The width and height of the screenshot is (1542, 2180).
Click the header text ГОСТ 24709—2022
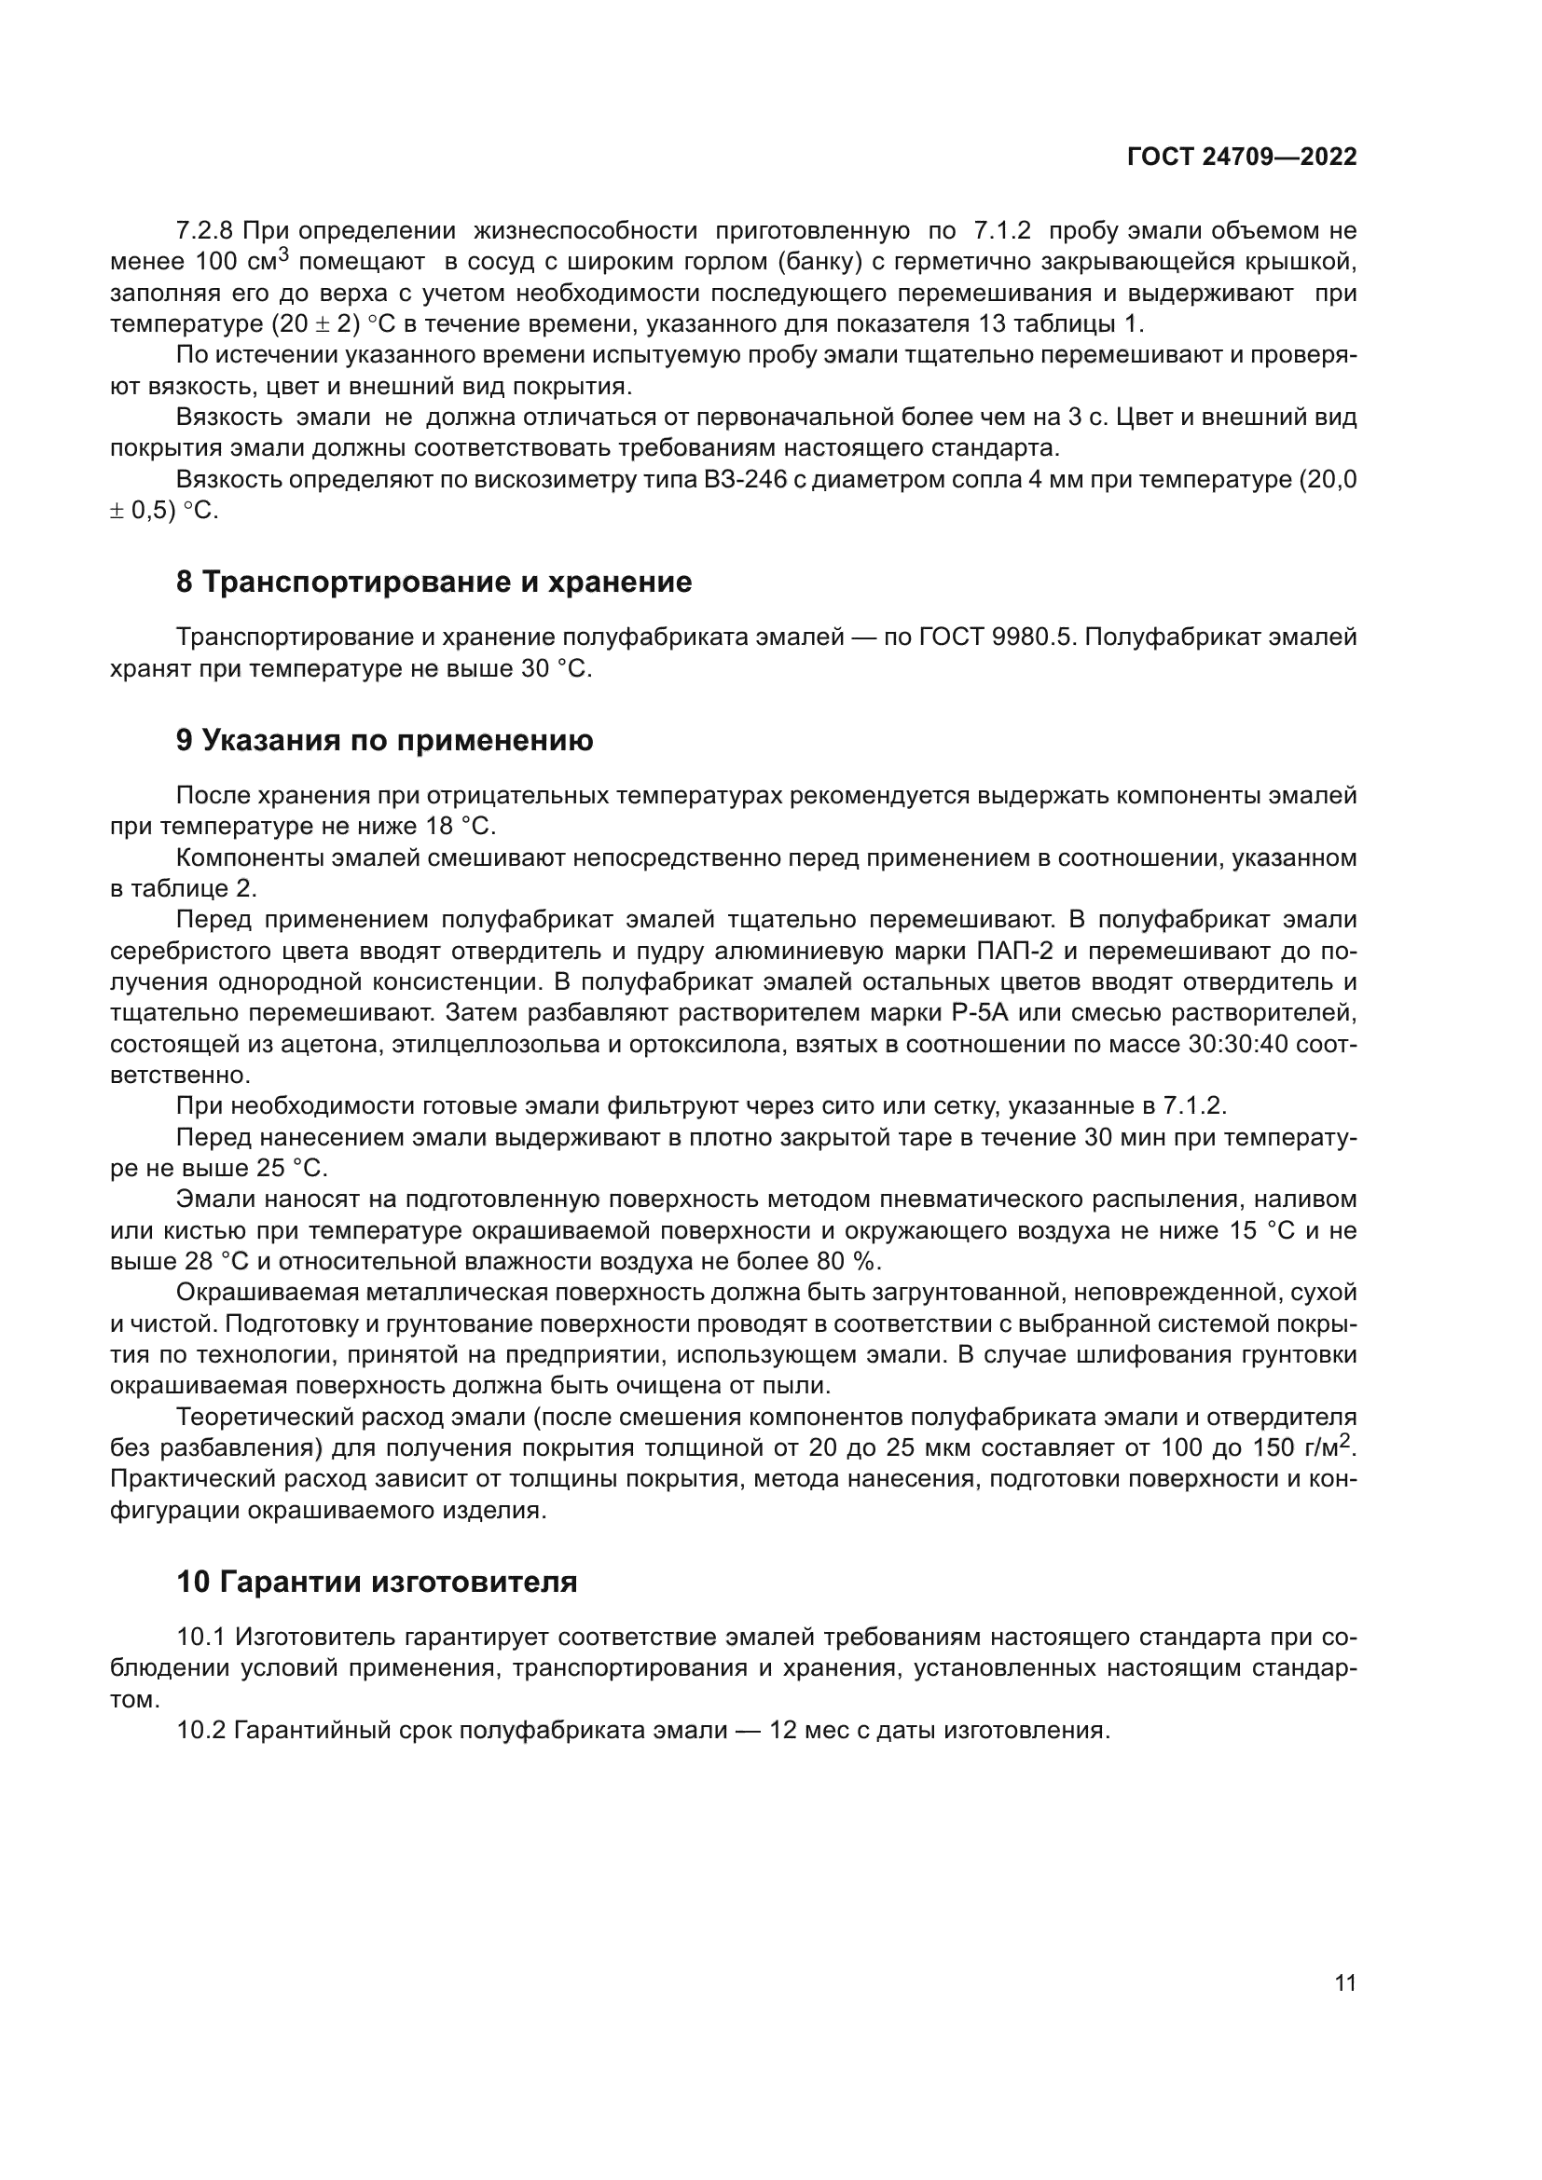pyautogui.click(x=1241, y=158)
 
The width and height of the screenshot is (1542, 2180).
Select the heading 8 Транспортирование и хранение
pyautogui.click(x=434, y=582)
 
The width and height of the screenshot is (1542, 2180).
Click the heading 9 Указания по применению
pyautogui.click(x=384, y=740)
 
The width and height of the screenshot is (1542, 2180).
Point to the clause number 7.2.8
pyautogui.click(x=205, y=231)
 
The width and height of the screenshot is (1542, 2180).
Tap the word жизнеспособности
pyautogui.click(x=585, y=231)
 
